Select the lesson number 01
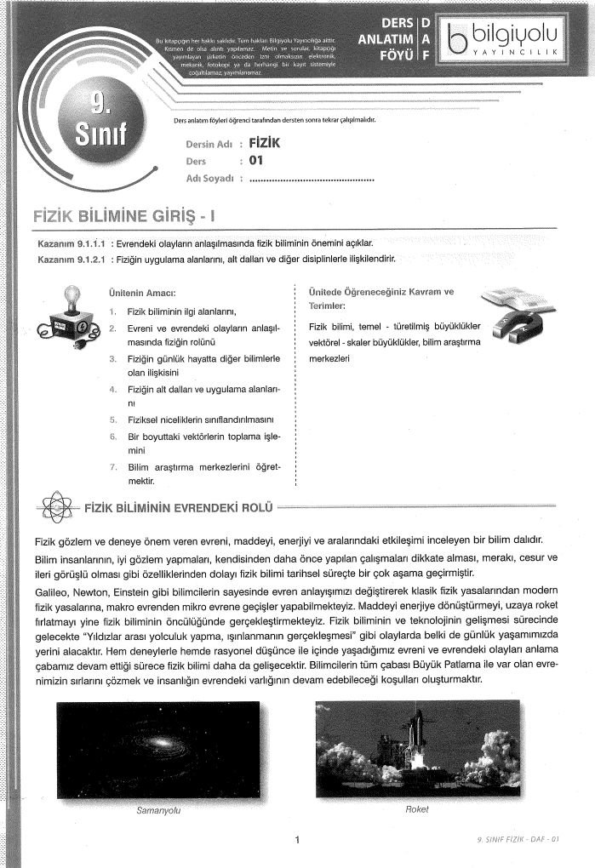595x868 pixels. pos(257,161)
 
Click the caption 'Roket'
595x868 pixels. pos(416,809)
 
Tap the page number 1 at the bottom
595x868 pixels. pos(297,842)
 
